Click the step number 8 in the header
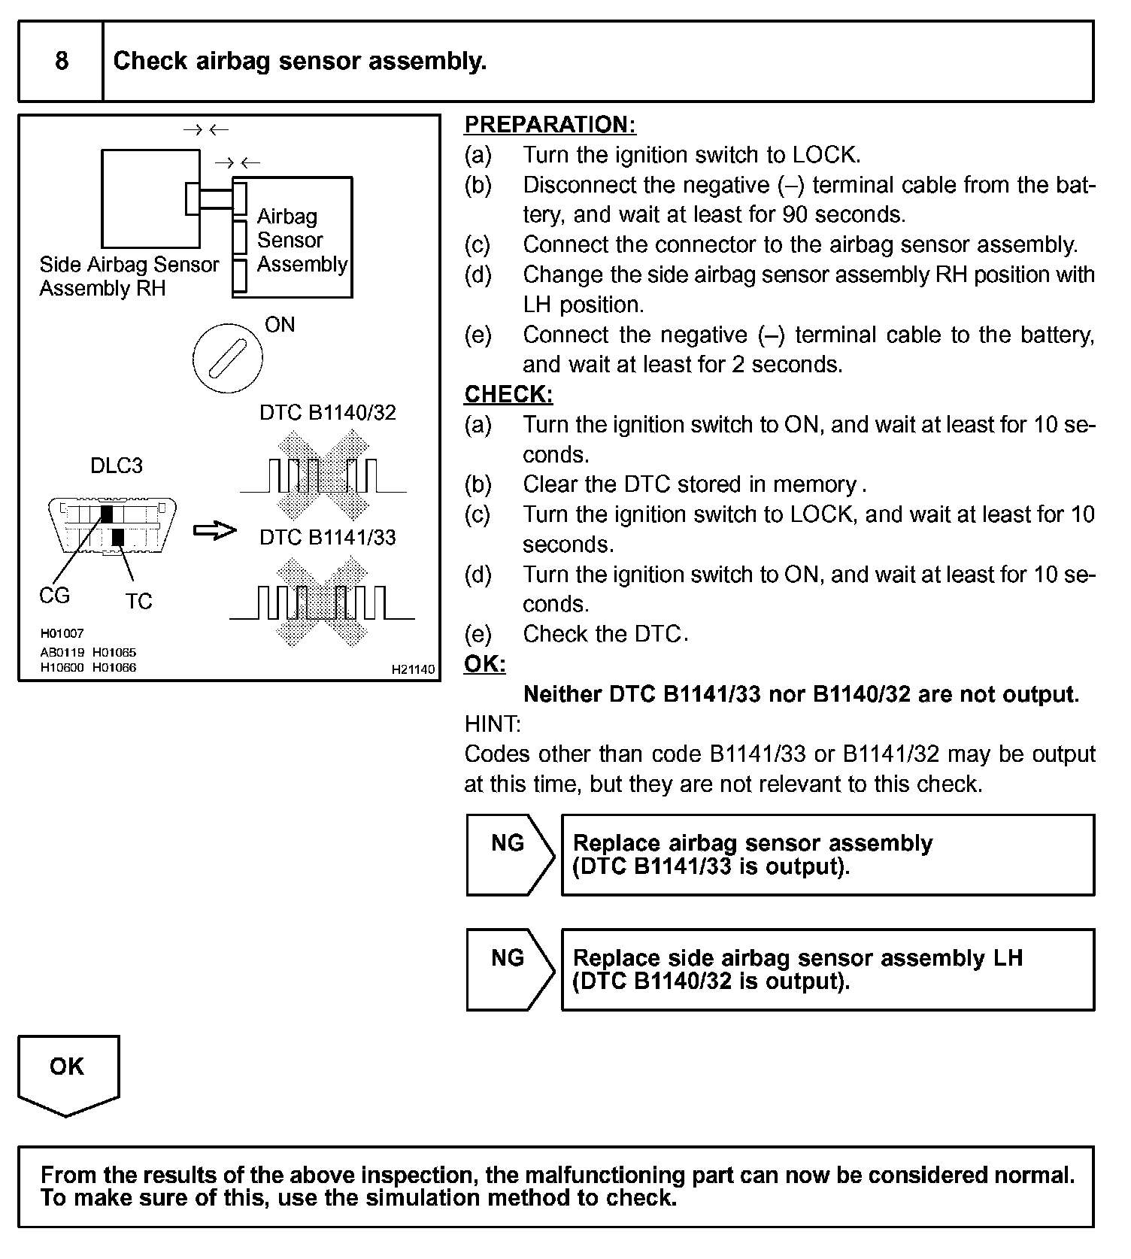(62, 61)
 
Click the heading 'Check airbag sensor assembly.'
(300, 61)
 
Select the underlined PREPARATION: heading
(550, 124)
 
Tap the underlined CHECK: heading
(508, 394)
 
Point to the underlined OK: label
(485, 664)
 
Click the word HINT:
(493, 724)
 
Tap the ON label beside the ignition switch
(280, 325)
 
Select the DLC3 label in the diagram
(117, 466)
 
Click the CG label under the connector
(54, 596)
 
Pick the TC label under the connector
(138, 601)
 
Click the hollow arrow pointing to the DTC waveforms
(215, 531)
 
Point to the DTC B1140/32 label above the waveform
(327, 413)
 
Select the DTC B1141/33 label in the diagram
(327, 538)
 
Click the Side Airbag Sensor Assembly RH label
(129, 276)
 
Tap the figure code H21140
(413, 669)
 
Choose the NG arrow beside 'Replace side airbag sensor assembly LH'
(509, 969)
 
